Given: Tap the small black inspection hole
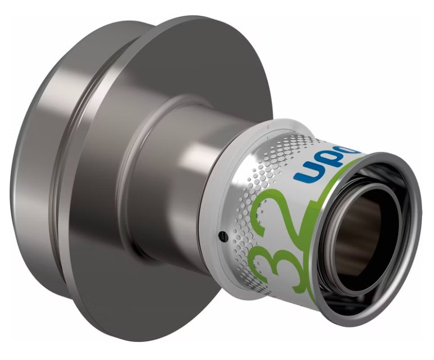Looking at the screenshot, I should coord(223,234).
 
